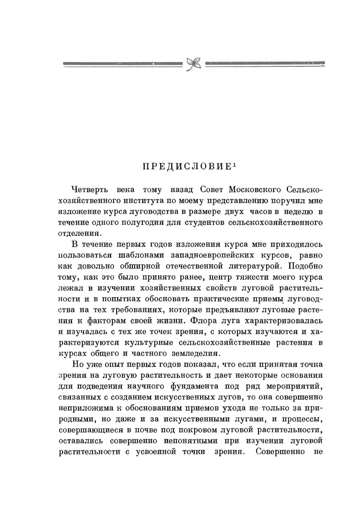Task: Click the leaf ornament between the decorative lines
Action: (x=194, y=64)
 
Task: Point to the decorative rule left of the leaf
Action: (x=123, y=64)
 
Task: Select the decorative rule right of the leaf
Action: (x=265, y=64)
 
